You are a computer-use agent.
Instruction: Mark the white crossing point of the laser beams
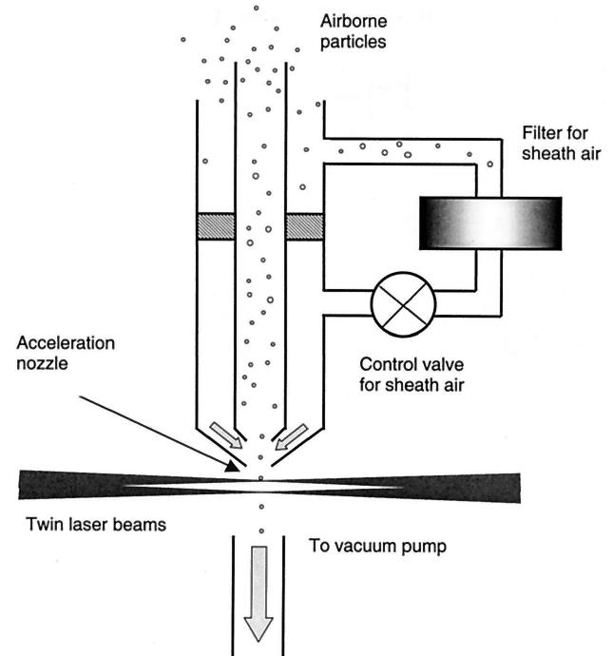(259, 484)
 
